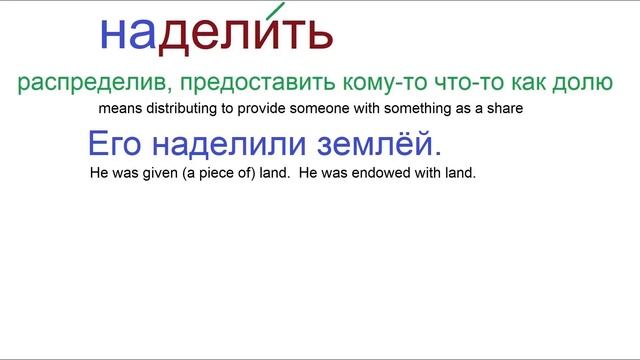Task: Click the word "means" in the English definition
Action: [x=119, y=108]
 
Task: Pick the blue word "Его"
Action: [x=112, y=145]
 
